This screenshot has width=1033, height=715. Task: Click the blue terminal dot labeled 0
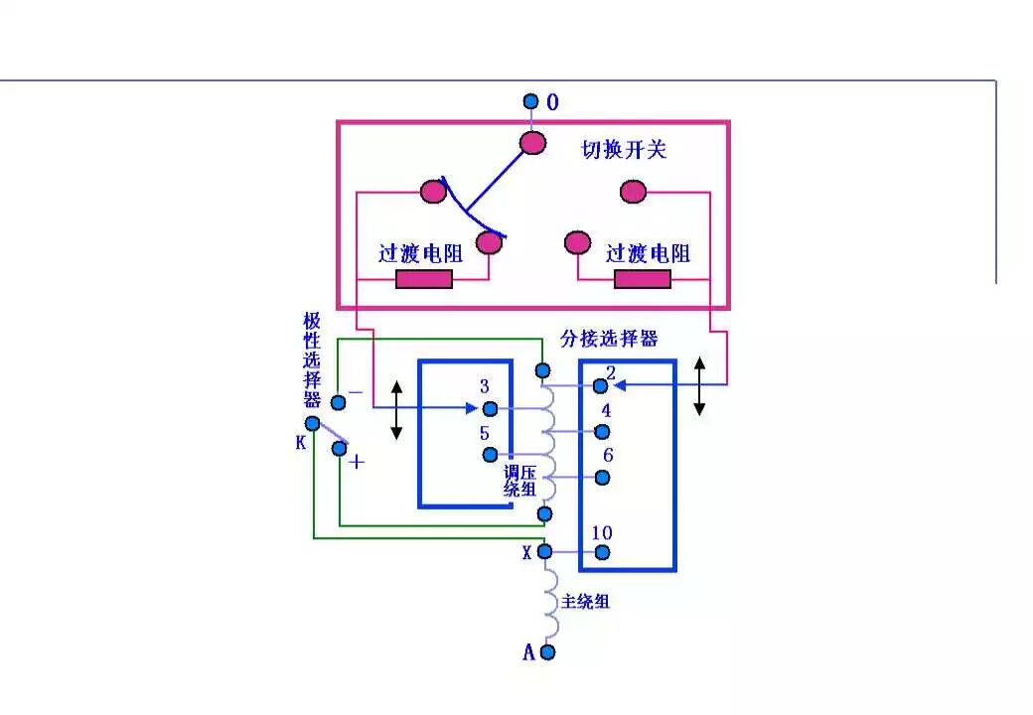[530, 101]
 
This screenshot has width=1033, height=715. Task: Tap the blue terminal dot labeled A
[546, 652]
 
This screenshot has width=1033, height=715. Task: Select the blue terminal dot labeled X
[544, 552]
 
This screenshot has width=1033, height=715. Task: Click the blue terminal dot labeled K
[313, 424]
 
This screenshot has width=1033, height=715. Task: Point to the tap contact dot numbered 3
[489, 408]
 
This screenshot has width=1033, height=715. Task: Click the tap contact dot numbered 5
[489, 455]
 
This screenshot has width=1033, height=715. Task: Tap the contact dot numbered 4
[601, 431]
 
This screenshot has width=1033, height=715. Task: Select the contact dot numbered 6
[601, 477]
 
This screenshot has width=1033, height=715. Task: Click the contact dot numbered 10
[601, 552]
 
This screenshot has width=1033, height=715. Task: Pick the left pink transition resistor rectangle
[424, 279]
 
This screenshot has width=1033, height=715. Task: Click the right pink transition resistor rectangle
[642, 279]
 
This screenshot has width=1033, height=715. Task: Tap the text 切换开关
[624, 150]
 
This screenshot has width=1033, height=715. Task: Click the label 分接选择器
[616, 339]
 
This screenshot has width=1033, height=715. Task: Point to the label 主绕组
[585, 601]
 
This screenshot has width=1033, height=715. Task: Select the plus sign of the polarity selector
[357, 462]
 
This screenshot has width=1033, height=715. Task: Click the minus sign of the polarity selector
[355, 393]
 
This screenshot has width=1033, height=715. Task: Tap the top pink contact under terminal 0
[533, 143]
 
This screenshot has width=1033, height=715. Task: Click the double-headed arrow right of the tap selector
[699, 386]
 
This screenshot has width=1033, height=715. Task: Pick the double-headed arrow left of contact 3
[396, 408]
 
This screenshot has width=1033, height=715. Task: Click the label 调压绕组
[520, 481]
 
